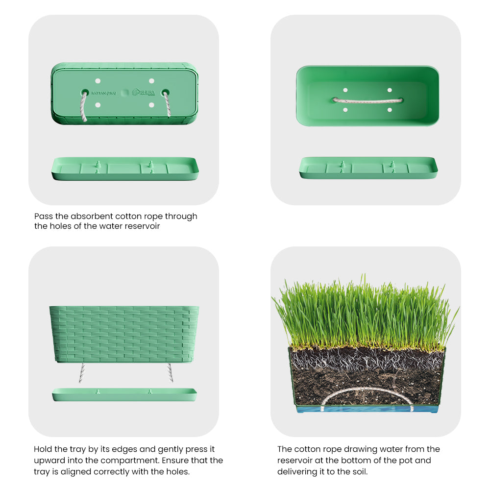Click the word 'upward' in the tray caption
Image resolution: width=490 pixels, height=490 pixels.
click(x=49, y=460)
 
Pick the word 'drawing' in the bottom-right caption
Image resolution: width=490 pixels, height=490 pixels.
click(x=351, y=449)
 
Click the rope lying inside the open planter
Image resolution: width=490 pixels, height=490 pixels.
click(x=367, y=100)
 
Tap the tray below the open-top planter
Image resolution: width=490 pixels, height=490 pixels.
click(x=368, y=168)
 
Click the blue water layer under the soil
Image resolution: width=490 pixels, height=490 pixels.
click(x=367, y=408)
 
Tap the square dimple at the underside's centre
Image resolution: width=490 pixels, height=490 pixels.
click(x=124, y=92)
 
